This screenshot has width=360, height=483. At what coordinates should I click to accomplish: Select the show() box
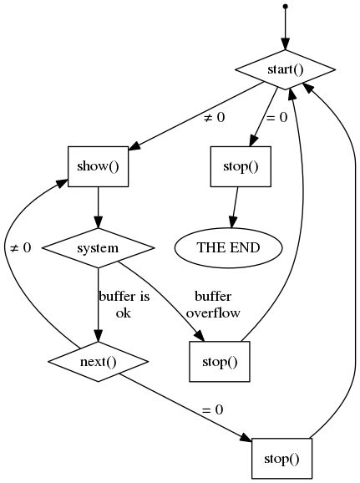[x=99, y=165]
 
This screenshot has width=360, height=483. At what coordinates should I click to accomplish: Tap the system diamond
[x=99, y=248]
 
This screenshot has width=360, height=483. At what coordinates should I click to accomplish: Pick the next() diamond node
[x=99, y=362]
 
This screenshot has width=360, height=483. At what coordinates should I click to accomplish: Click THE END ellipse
[x=228, y=248]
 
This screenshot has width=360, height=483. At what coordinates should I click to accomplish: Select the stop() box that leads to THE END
[x=241, y=165]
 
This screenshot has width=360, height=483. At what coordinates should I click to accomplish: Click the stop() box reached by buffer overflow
[x=221, y=362]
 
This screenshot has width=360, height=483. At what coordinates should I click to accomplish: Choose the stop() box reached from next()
[x=281, y=458]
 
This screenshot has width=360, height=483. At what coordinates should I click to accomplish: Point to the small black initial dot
[x=285, y=7]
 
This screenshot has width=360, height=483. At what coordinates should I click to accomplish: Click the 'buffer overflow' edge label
[x=213, y=305]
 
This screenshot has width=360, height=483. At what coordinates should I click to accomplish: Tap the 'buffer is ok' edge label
[x=124, y=305]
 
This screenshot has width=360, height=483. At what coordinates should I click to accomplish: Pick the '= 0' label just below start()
[x=276, y=118]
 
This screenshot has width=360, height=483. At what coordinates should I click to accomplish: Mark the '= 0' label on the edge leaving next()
[x=212, y=410]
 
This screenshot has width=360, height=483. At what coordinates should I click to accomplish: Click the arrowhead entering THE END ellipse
[x=231, y=221]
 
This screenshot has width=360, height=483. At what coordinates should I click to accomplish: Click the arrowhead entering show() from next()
[x=62, y=180]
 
